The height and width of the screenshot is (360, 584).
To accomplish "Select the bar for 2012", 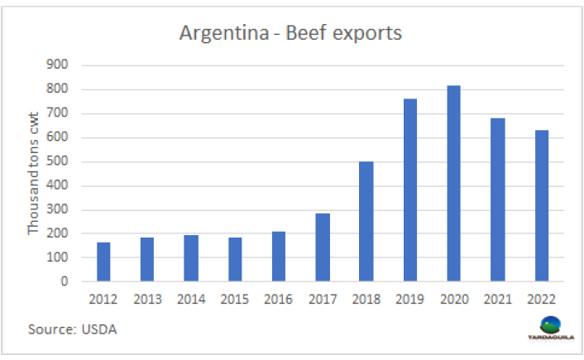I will click(103, 262).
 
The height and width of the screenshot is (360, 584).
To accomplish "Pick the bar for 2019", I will click(410, 190).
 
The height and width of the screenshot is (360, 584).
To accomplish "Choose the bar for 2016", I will click(279, 257).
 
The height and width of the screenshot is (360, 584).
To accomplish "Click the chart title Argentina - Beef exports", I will click(291, 34).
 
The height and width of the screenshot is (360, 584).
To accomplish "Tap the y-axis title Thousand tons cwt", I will click(34, 173).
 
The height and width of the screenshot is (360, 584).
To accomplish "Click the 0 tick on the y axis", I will click(64, 282).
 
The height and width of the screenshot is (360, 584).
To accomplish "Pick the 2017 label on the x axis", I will click(323, 299).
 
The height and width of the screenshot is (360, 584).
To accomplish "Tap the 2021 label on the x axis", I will click(498, 299).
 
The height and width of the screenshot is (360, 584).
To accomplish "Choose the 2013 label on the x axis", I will click(147, 299).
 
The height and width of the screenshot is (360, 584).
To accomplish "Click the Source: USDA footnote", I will click(73, 330).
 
